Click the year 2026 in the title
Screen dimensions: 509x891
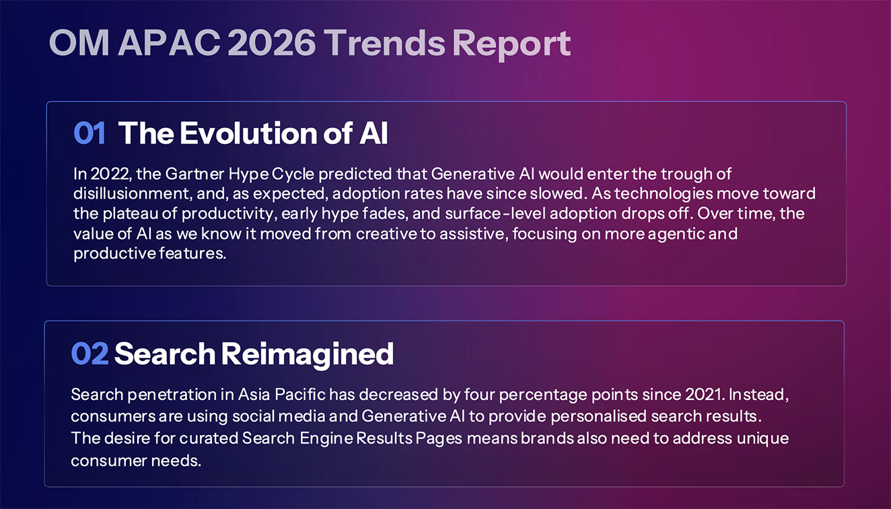coord(271,43)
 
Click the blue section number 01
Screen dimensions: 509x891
coord(90,133)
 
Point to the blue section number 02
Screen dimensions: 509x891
coord(90,353)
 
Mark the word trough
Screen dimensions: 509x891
coord(682,174)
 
